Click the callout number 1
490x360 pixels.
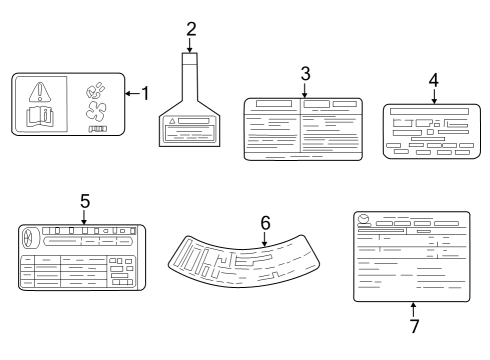(145, 93)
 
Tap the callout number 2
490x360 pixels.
(191, 29)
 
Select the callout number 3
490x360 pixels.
(305, 74)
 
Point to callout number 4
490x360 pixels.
(433, 80)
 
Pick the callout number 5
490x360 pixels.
(85, 201)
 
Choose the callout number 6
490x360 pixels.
(265, 223)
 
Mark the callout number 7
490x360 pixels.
(414, 326)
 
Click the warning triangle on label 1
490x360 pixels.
(40, 92)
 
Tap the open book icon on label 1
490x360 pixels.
(40, 117)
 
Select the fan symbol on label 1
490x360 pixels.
(96, 111)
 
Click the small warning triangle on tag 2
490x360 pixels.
(172, 121)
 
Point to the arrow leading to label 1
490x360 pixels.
(132, 94)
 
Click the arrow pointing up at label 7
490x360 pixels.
(413, 309)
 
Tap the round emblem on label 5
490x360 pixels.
(27, 238)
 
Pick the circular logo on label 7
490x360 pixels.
(364, 219)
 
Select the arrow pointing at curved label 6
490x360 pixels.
(264, 239)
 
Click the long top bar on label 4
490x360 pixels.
(429, 111)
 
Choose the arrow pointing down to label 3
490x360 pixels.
(305, 90)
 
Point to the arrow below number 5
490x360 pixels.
(84, 217)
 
